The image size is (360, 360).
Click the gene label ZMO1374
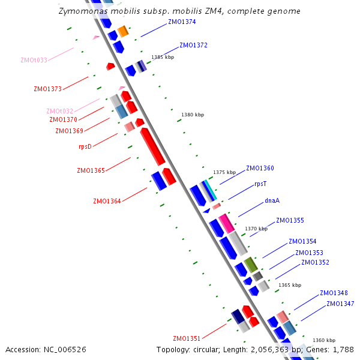point(182,22)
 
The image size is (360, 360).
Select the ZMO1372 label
point(193,45)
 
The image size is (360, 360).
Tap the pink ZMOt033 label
point(34,60)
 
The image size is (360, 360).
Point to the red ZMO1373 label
point(48,89)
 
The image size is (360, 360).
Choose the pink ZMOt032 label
point(60,111)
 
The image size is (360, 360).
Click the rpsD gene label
point(85,146)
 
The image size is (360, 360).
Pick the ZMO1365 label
point(91,170)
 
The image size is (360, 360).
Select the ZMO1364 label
point(107,201)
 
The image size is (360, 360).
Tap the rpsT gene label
point(260,184)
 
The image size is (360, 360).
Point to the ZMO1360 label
point(260,168)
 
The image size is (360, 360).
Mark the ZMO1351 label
point(187,338)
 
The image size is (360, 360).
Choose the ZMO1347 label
point(340,304)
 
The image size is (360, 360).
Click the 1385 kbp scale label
point(163,57)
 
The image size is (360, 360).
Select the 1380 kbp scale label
point(193,115)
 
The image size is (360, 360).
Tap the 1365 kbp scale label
point(290,286)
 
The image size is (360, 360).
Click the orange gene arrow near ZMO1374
point(123,31)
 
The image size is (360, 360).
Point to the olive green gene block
point(251,264)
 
